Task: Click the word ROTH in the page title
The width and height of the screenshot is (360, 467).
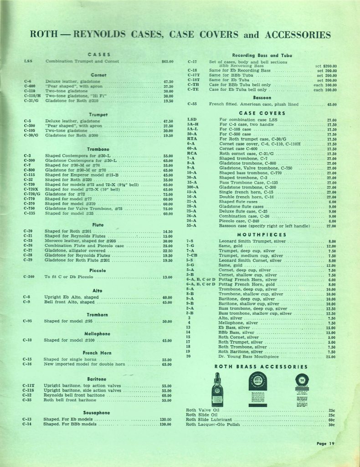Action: click(x=44, y=35)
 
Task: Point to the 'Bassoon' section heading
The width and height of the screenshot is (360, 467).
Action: click(x=262, y=97)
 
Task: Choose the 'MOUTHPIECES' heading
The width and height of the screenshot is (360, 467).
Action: click(x=262, y=234)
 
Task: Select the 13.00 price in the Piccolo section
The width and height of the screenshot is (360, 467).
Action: click(x=167, y=277)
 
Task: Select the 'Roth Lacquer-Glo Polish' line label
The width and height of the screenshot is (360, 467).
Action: click(x=213, y=425)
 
